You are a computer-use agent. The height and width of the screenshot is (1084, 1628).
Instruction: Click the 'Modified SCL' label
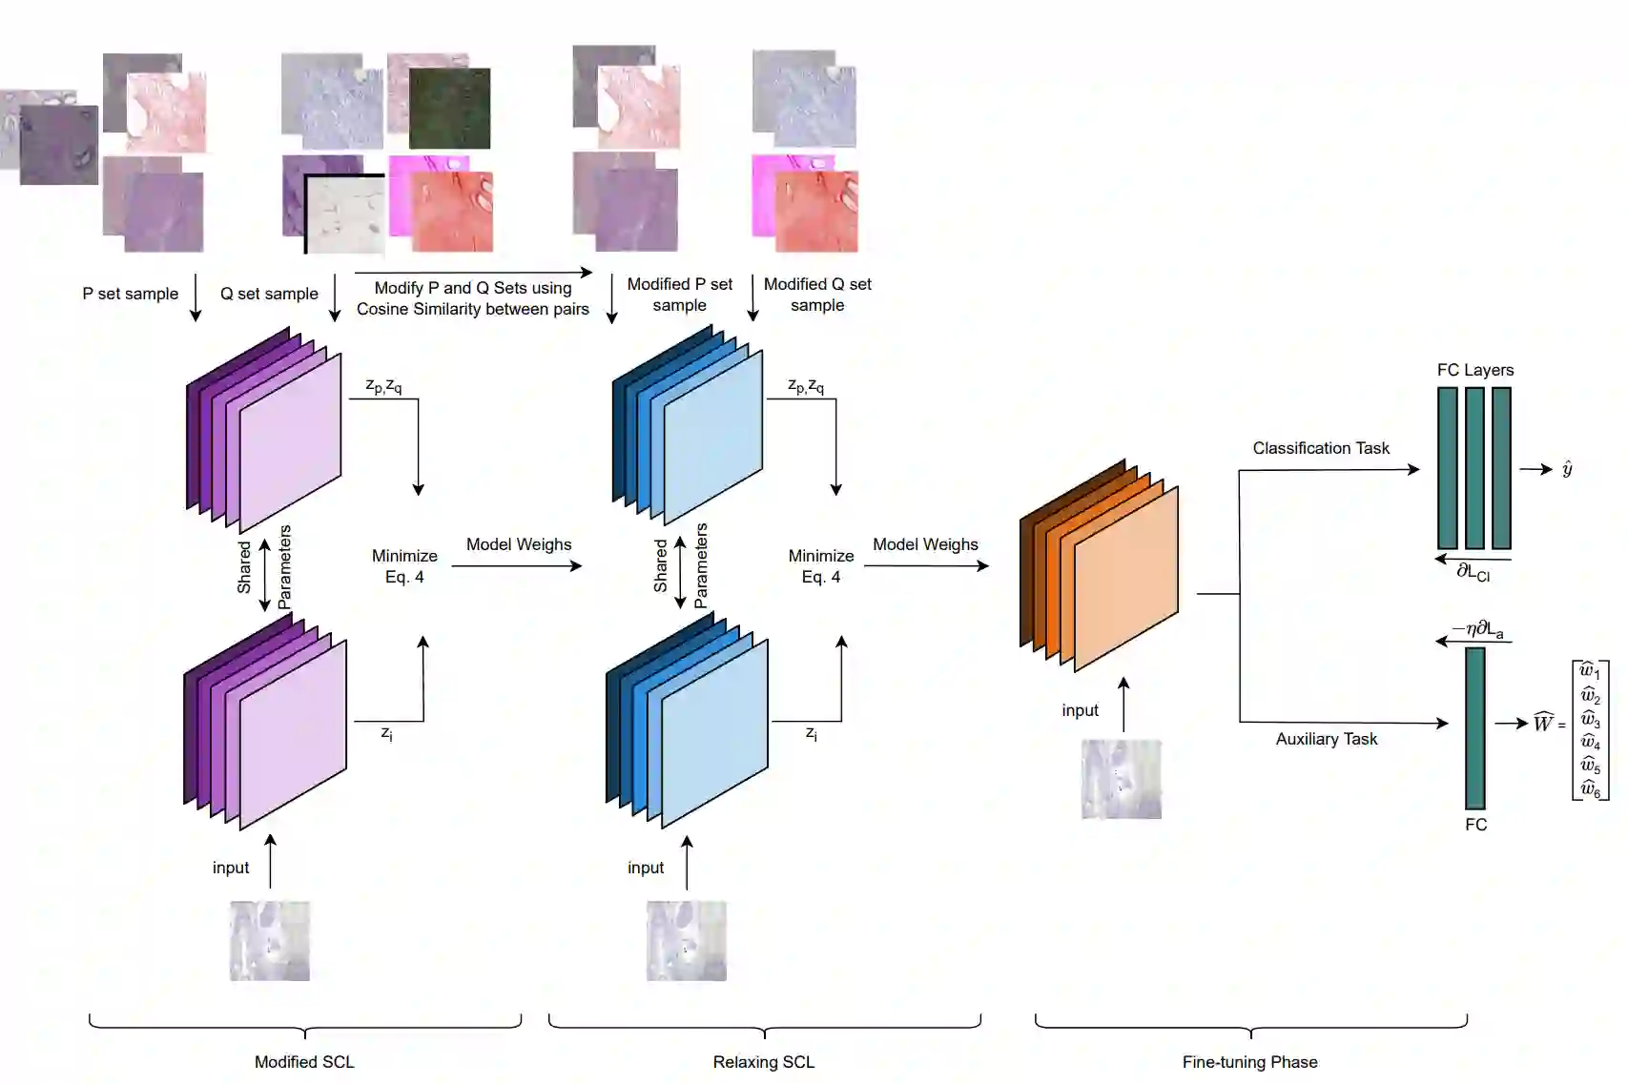304,1061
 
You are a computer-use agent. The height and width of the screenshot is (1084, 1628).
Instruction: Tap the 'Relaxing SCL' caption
763,1061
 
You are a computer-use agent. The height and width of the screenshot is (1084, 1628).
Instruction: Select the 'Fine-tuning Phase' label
1249,1061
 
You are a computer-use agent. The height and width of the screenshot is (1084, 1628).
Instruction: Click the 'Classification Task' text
1320,448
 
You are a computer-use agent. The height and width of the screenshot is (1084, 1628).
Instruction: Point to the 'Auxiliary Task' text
1326,739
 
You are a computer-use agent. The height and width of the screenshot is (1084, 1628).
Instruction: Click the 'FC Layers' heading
1474,370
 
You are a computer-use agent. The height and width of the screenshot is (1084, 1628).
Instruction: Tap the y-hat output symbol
1567,468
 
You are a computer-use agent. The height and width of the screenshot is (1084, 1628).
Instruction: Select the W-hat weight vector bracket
1590,729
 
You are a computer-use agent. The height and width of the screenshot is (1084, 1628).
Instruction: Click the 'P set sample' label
130,294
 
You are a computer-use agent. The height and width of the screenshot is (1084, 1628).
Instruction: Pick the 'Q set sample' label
269,294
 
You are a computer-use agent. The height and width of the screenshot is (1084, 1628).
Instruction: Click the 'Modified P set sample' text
679,295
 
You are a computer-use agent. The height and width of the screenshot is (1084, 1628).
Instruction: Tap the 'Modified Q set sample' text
817,295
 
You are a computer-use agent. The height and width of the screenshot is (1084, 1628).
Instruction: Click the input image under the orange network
1121,779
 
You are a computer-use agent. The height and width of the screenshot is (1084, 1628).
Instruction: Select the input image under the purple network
269,940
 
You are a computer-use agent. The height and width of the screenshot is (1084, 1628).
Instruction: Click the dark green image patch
450,108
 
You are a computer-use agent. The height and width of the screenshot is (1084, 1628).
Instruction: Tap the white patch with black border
345,215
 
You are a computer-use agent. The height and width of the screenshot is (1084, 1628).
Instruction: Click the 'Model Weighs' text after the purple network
519,544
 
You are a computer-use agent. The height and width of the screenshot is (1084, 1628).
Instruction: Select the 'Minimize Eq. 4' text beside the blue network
820,566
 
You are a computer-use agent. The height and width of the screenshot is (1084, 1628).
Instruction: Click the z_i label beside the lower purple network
386,733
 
